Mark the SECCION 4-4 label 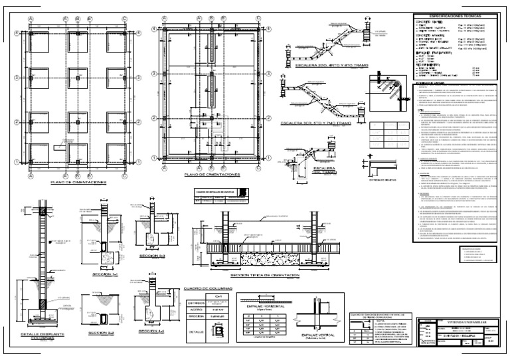point(148,330)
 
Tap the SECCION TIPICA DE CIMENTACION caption point(264,274)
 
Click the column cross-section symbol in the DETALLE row point(219,330)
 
